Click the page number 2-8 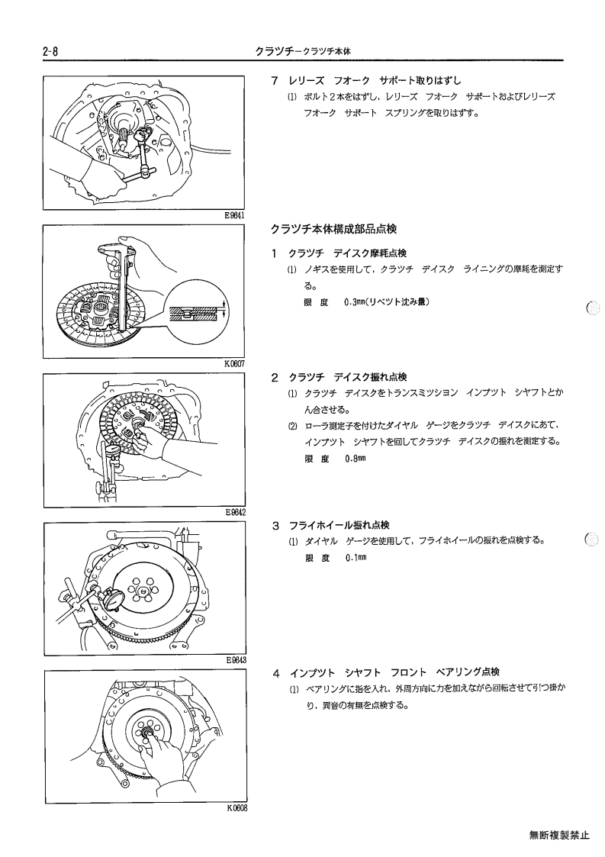50,51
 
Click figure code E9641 234,215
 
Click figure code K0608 237,808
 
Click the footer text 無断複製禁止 559,835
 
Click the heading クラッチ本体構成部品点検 333,230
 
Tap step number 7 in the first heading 275,81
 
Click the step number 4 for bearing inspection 276,673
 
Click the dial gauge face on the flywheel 114,598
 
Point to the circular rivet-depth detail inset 198,311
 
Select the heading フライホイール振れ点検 339,526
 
